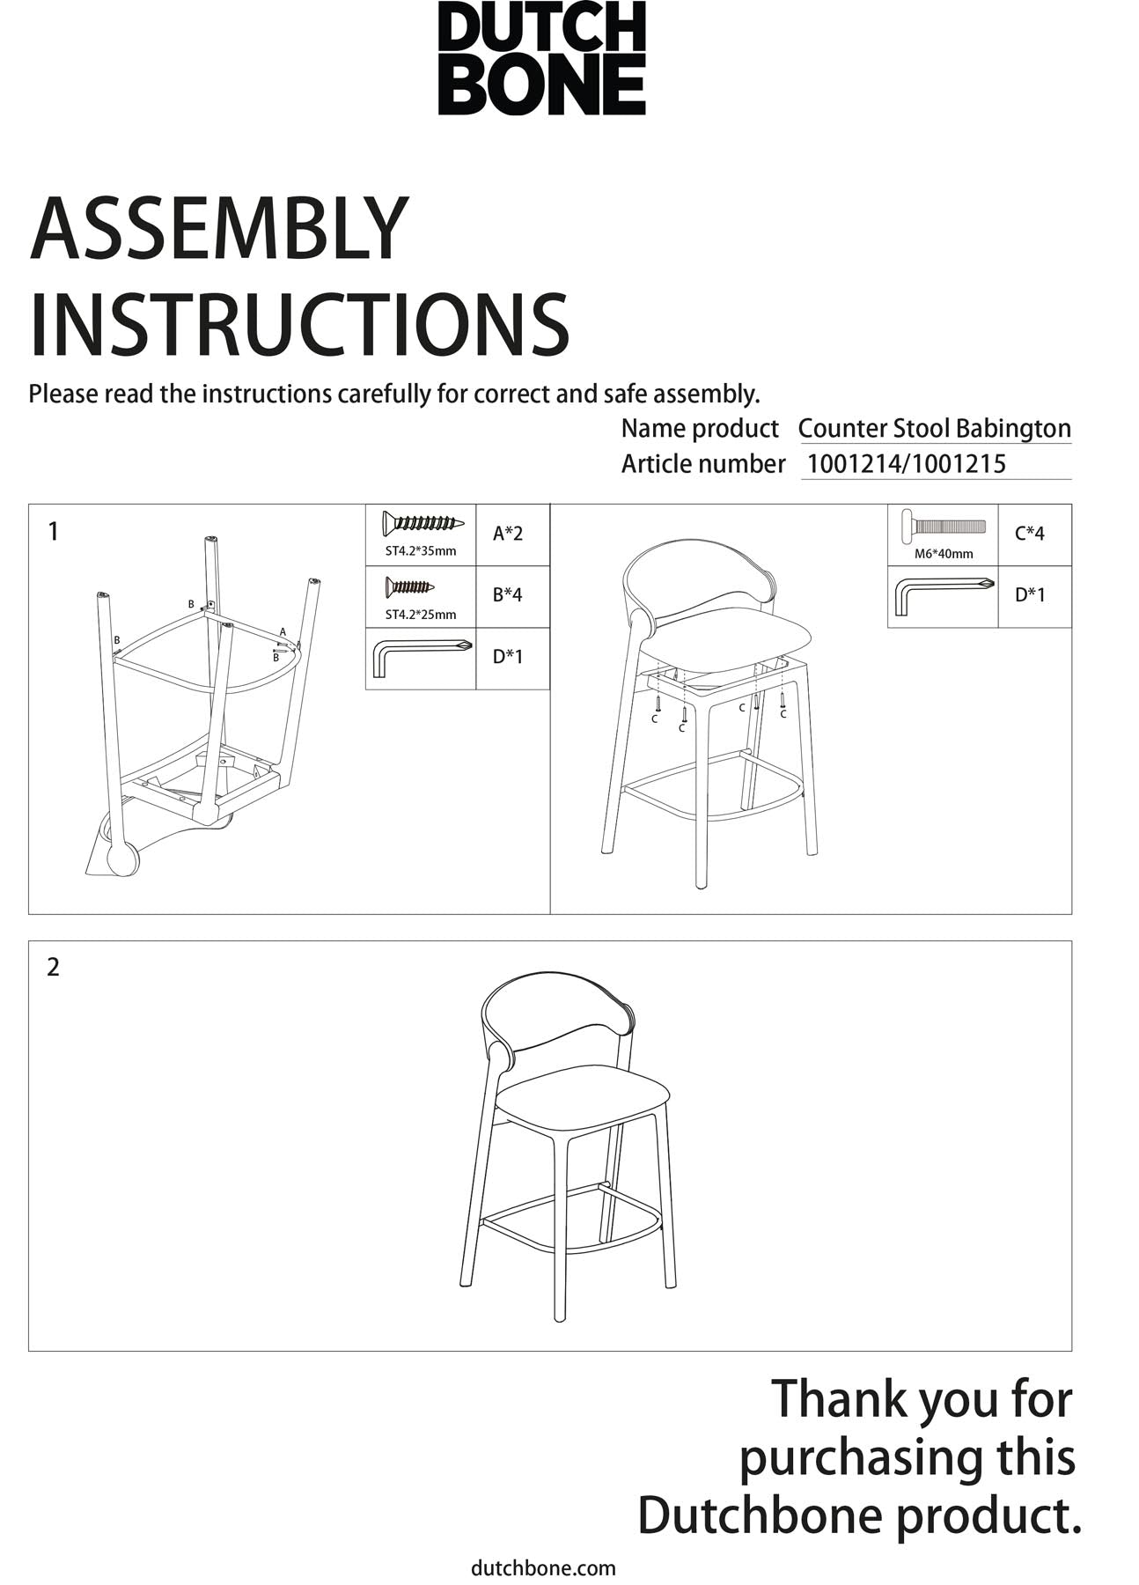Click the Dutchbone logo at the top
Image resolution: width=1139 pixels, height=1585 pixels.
pos(541,58)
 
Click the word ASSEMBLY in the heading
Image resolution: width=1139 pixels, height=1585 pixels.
pos(219,229)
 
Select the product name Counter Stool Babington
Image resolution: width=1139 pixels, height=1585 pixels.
pos(934,429)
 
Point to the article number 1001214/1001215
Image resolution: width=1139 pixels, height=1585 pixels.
pos(907,464)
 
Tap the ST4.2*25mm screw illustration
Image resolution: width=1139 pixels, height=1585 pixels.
pos(410,586)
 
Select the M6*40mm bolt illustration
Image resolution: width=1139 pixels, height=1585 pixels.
pos(943,527)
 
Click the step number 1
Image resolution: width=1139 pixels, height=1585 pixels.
pos(54,532)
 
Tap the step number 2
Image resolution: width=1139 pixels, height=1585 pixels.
pos(54,967)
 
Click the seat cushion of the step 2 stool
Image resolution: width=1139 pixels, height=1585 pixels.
pos(584,1100)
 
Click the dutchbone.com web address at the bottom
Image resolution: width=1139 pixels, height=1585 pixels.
pos(544,1567)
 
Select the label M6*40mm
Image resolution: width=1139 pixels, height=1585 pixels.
pos(944,554)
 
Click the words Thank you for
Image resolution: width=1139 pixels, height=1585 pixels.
pos(922,1399)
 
